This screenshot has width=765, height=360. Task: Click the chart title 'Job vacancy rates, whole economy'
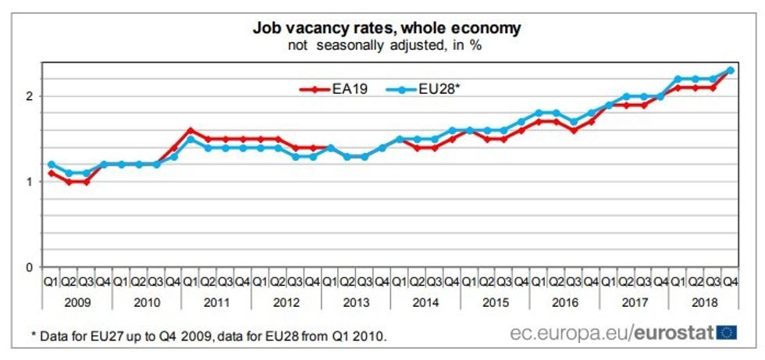tap(386, 28)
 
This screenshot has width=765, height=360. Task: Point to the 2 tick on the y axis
tap(30, 96)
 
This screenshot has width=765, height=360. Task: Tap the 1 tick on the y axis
tap(30, 182)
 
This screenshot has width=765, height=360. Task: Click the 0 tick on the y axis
tap(30, 268)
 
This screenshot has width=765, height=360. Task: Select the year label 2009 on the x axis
tap(77, 300)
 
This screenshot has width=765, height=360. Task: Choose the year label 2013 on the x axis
tap(356, 300)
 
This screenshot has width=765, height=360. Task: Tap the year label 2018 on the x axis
tap(705, 300)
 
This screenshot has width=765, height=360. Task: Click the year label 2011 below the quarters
tap(217, 300)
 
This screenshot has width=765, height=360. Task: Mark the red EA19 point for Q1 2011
tap(190, 130)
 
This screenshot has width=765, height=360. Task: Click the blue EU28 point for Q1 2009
tap(52, 165)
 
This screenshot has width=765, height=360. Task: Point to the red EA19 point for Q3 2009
tap(86, 182)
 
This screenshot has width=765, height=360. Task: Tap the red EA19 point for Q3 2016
tap(574, 130)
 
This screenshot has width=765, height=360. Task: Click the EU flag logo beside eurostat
tap(729, 333)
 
